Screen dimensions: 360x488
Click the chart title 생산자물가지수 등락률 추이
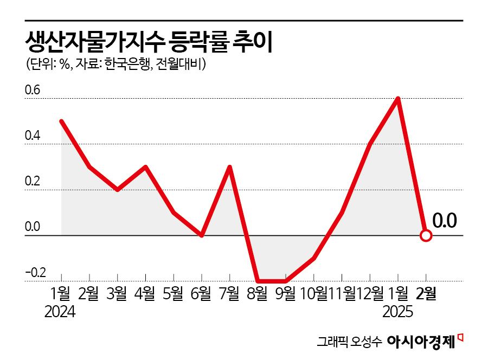[148, 41]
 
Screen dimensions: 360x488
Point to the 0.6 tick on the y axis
[33, 91]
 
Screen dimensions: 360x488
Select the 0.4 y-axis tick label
[33, 136]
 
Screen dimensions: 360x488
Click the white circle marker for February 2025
[426, 236]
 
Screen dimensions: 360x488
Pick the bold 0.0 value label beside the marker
[445, 221]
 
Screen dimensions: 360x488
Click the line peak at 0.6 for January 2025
[399, 99]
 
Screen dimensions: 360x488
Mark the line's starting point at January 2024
[61, 121]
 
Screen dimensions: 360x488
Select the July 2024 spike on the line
[229, 167]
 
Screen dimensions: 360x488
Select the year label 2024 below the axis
[60, 312]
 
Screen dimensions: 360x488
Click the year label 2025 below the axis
[398, 312]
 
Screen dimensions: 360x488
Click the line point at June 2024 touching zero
[201, 235]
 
